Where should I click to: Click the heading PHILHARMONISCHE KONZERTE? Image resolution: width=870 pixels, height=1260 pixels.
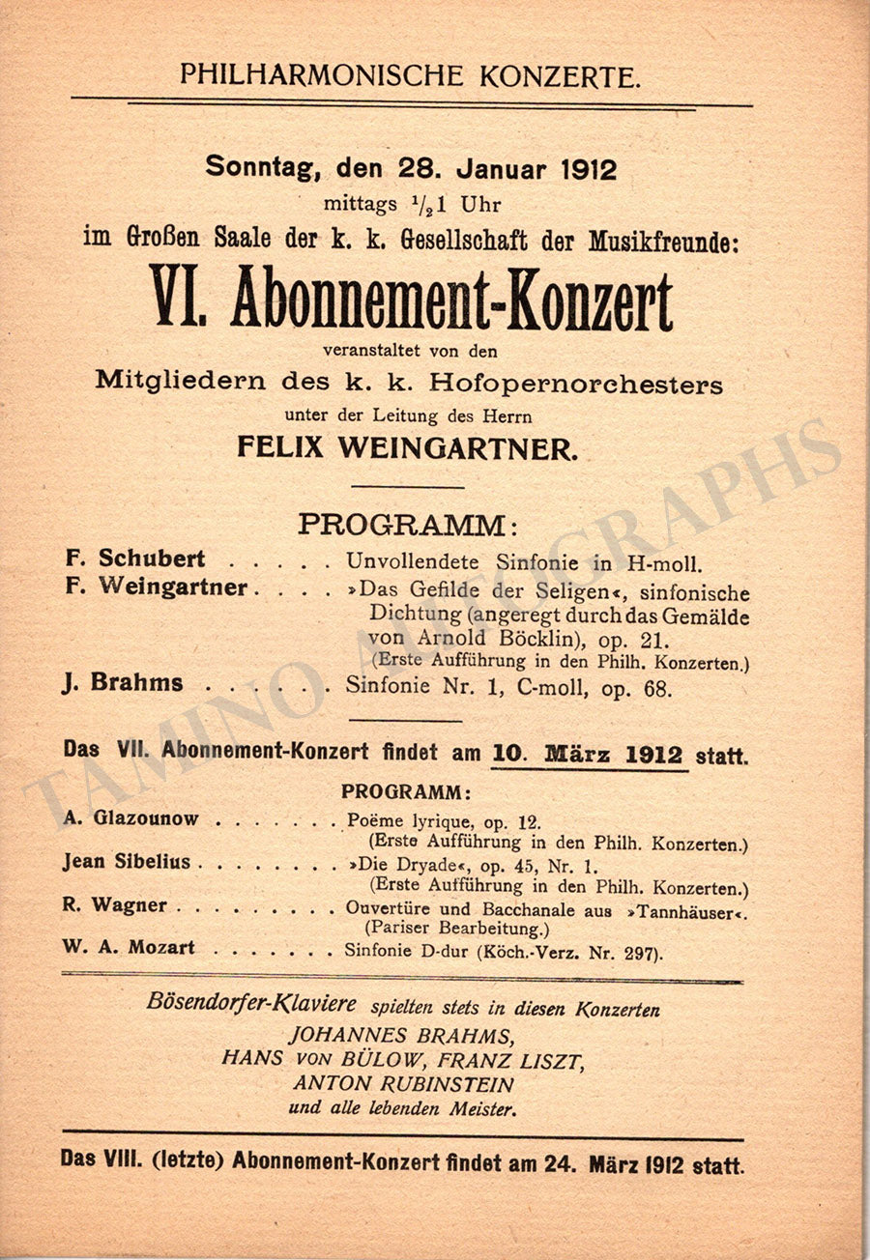(x=410, y=74)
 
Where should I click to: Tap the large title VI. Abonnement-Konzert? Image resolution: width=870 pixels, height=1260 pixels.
(x=410, y=301)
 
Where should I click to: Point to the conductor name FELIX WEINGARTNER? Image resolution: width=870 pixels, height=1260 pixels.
(x=410, y=446)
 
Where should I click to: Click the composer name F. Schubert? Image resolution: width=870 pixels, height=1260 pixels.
(x=135, y=558)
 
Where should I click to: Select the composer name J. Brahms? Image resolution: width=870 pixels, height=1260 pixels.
(x=124, y=683)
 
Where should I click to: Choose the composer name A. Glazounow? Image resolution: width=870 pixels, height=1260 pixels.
(x=131, y=818)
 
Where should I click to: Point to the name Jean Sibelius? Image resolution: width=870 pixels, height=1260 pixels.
(x=127, y=862)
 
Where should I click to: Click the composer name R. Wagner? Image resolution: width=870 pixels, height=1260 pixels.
(x=115, y=905)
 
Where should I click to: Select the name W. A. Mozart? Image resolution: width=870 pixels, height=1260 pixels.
(x=130, y=948)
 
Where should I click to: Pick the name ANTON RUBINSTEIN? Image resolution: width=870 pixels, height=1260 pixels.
(x=404, y=1084)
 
